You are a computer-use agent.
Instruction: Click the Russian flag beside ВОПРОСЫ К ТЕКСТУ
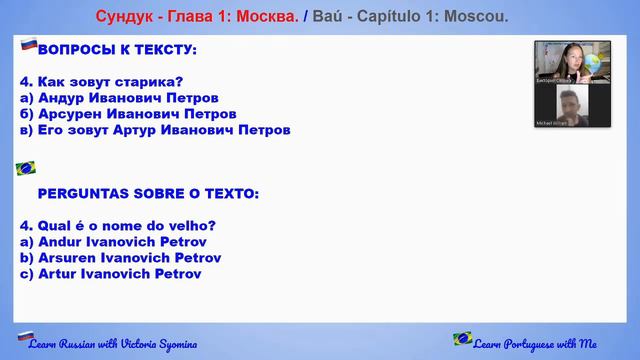coord(28,45)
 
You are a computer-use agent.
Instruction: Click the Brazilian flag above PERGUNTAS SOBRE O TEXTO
coord(26,168)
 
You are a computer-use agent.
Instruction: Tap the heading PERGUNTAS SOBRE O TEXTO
coord(147,193)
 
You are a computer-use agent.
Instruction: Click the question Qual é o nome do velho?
coord(118,225)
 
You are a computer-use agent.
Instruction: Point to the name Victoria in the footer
coord(123,344)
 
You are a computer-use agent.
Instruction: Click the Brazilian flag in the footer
coord(463,339)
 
